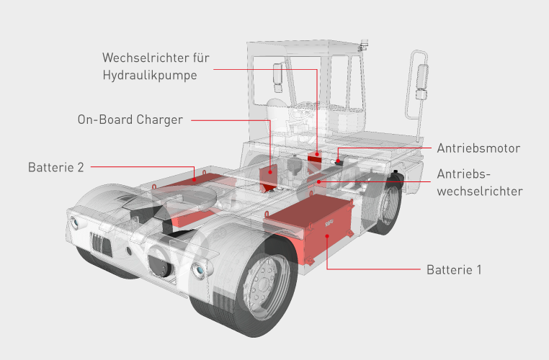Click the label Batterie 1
coord(453,271)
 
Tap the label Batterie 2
coord(55,167)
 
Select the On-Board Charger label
coord(130,120)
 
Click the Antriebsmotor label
coord(478,148)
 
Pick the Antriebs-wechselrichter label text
coord(480,183)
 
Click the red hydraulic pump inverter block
coord(314,156)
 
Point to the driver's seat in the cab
coord(278,108)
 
